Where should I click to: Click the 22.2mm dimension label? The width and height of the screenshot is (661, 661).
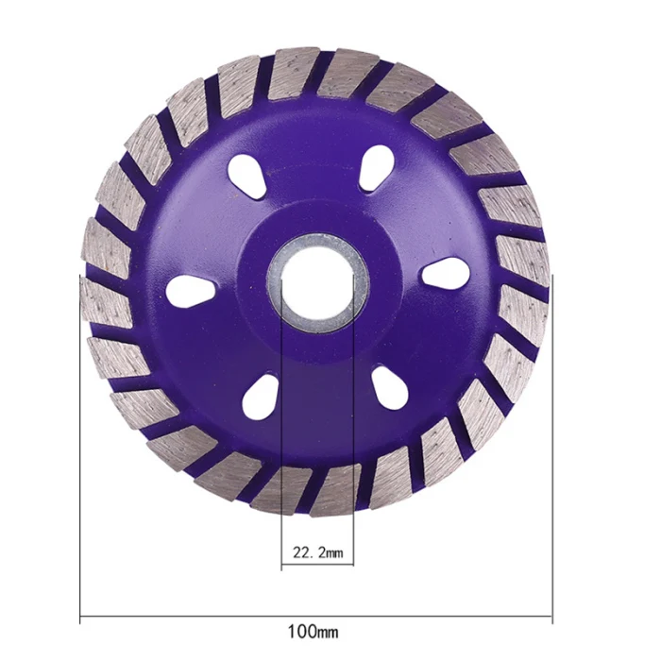(318, 552)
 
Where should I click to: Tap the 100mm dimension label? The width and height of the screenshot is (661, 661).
(313, 632)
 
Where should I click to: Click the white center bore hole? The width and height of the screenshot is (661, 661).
(317, 282)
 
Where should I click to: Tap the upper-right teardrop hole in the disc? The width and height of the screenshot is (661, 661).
(376, 168)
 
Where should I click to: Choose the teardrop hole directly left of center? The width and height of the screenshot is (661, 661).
(190, 291)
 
